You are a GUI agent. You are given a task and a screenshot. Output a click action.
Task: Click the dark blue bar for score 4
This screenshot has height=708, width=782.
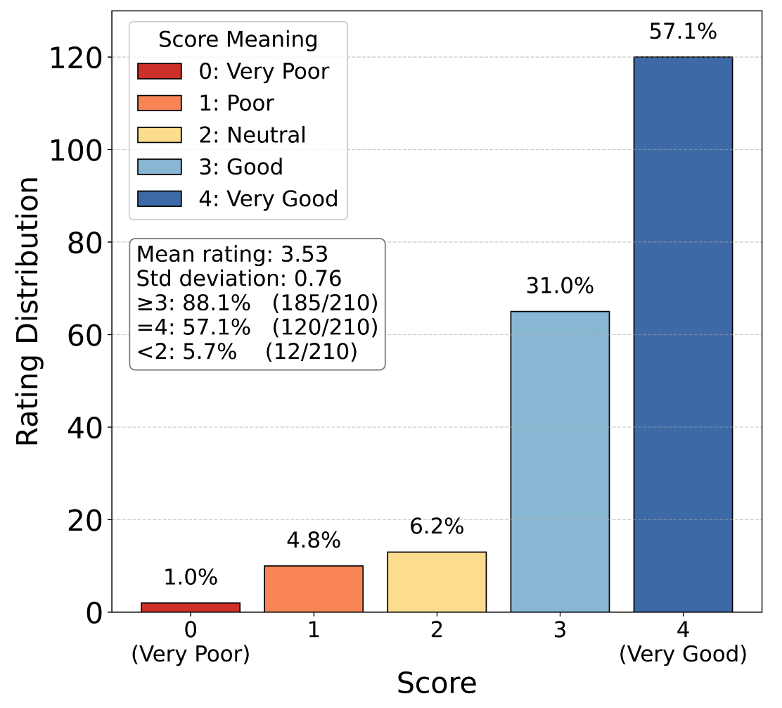[683, 334]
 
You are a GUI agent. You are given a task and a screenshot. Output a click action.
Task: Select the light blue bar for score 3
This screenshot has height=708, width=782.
[560, 462]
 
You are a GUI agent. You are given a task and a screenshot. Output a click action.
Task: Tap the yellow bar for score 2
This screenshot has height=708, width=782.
[437, 582]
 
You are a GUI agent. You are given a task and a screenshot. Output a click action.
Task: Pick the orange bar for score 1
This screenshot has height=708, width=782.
[314, 589]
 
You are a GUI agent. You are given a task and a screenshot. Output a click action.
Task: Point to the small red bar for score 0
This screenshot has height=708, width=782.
[191, 607]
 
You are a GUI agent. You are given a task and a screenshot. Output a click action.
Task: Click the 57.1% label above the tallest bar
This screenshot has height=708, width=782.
[683, 33]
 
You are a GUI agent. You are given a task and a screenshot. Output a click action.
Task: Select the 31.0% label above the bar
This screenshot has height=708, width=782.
[560, 287]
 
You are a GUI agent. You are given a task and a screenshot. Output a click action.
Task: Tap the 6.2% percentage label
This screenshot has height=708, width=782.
[437, 527]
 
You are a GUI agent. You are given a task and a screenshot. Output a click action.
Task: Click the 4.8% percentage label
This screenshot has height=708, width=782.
[314, 541]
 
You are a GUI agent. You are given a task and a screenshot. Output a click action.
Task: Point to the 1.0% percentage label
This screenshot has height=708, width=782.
[191, 578]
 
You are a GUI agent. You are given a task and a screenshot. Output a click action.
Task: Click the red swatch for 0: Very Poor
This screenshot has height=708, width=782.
[160, 72]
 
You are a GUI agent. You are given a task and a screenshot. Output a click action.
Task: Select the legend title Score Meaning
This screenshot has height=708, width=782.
[238, 39]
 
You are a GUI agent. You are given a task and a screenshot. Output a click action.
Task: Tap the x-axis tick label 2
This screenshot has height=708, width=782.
[437, 631]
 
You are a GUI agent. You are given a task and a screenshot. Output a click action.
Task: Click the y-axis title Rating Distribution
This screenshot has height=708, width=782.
[29, 311]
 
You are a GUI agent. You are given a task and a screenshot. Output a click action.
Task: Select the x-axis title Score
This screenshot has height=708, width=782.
[437, 683]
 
